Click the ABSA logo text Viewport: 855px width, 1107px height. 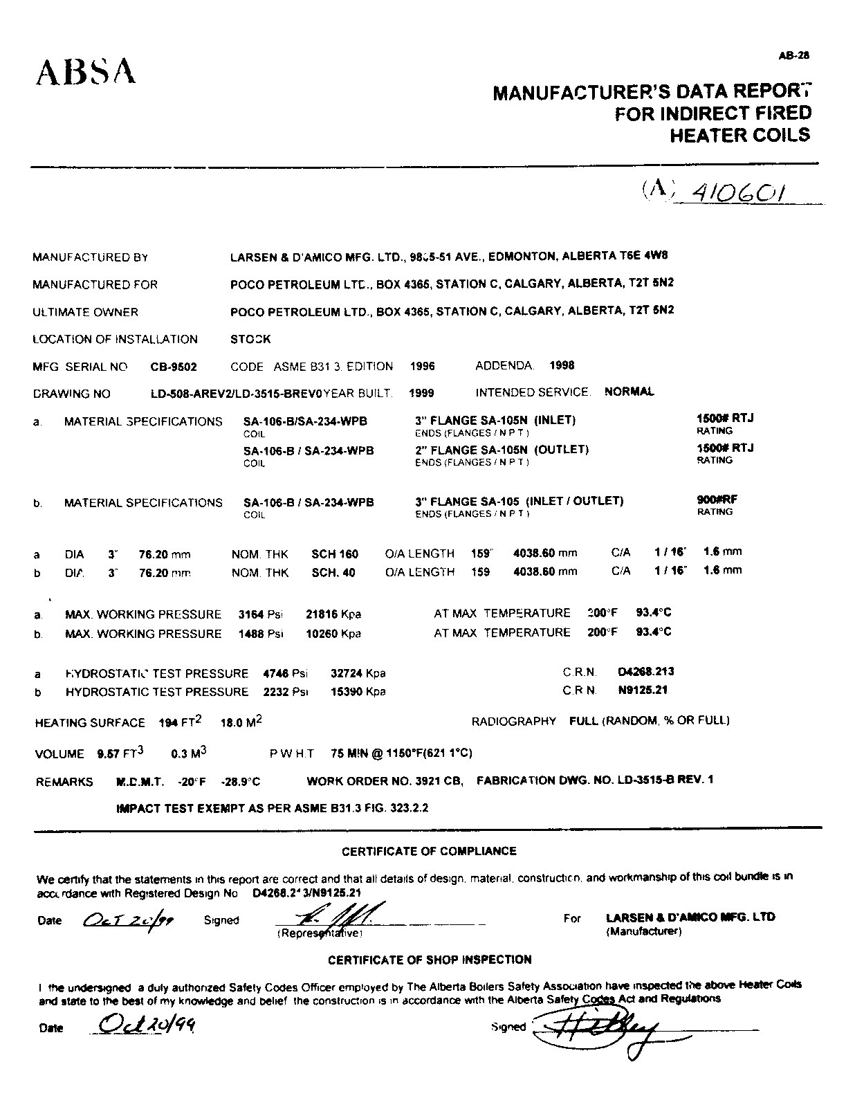pyautogui.click(x=86, y=71)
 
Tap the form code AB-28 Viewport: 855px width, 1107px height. pyautogui.click(x=794, y=57)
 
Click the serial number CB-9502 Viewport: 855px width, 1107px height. pyautogui.click(x=174, y=367)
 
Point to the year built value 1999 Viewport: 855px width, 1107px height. pyautogui.click(x=421, y=393)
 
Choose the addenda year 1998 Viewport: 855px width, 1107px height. pyautogui.click(x=562, y=365)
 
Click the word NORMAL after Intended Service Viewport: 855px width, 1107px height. pyautogui.click(x=629, y=392)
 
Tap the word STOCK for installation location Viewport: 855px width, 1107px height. pyautogui.click(x=250, y=339)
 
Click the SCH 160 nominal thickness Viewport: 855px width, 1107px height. pyautogui.click(x=335, y=553)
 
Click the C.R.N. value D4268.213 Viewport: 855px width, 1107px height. pyautogui.click(x=645, y=671)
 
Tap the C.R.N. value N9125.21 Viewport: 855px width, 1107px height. pyautogui.click(x=643, y=690)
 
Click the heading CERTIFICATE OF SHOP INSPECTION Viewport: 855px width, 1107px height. pyautogui.click(x=429, y=960)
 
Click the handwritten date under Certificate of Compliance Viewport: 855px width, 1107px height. pyautogui.click(x=127, y=920)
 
